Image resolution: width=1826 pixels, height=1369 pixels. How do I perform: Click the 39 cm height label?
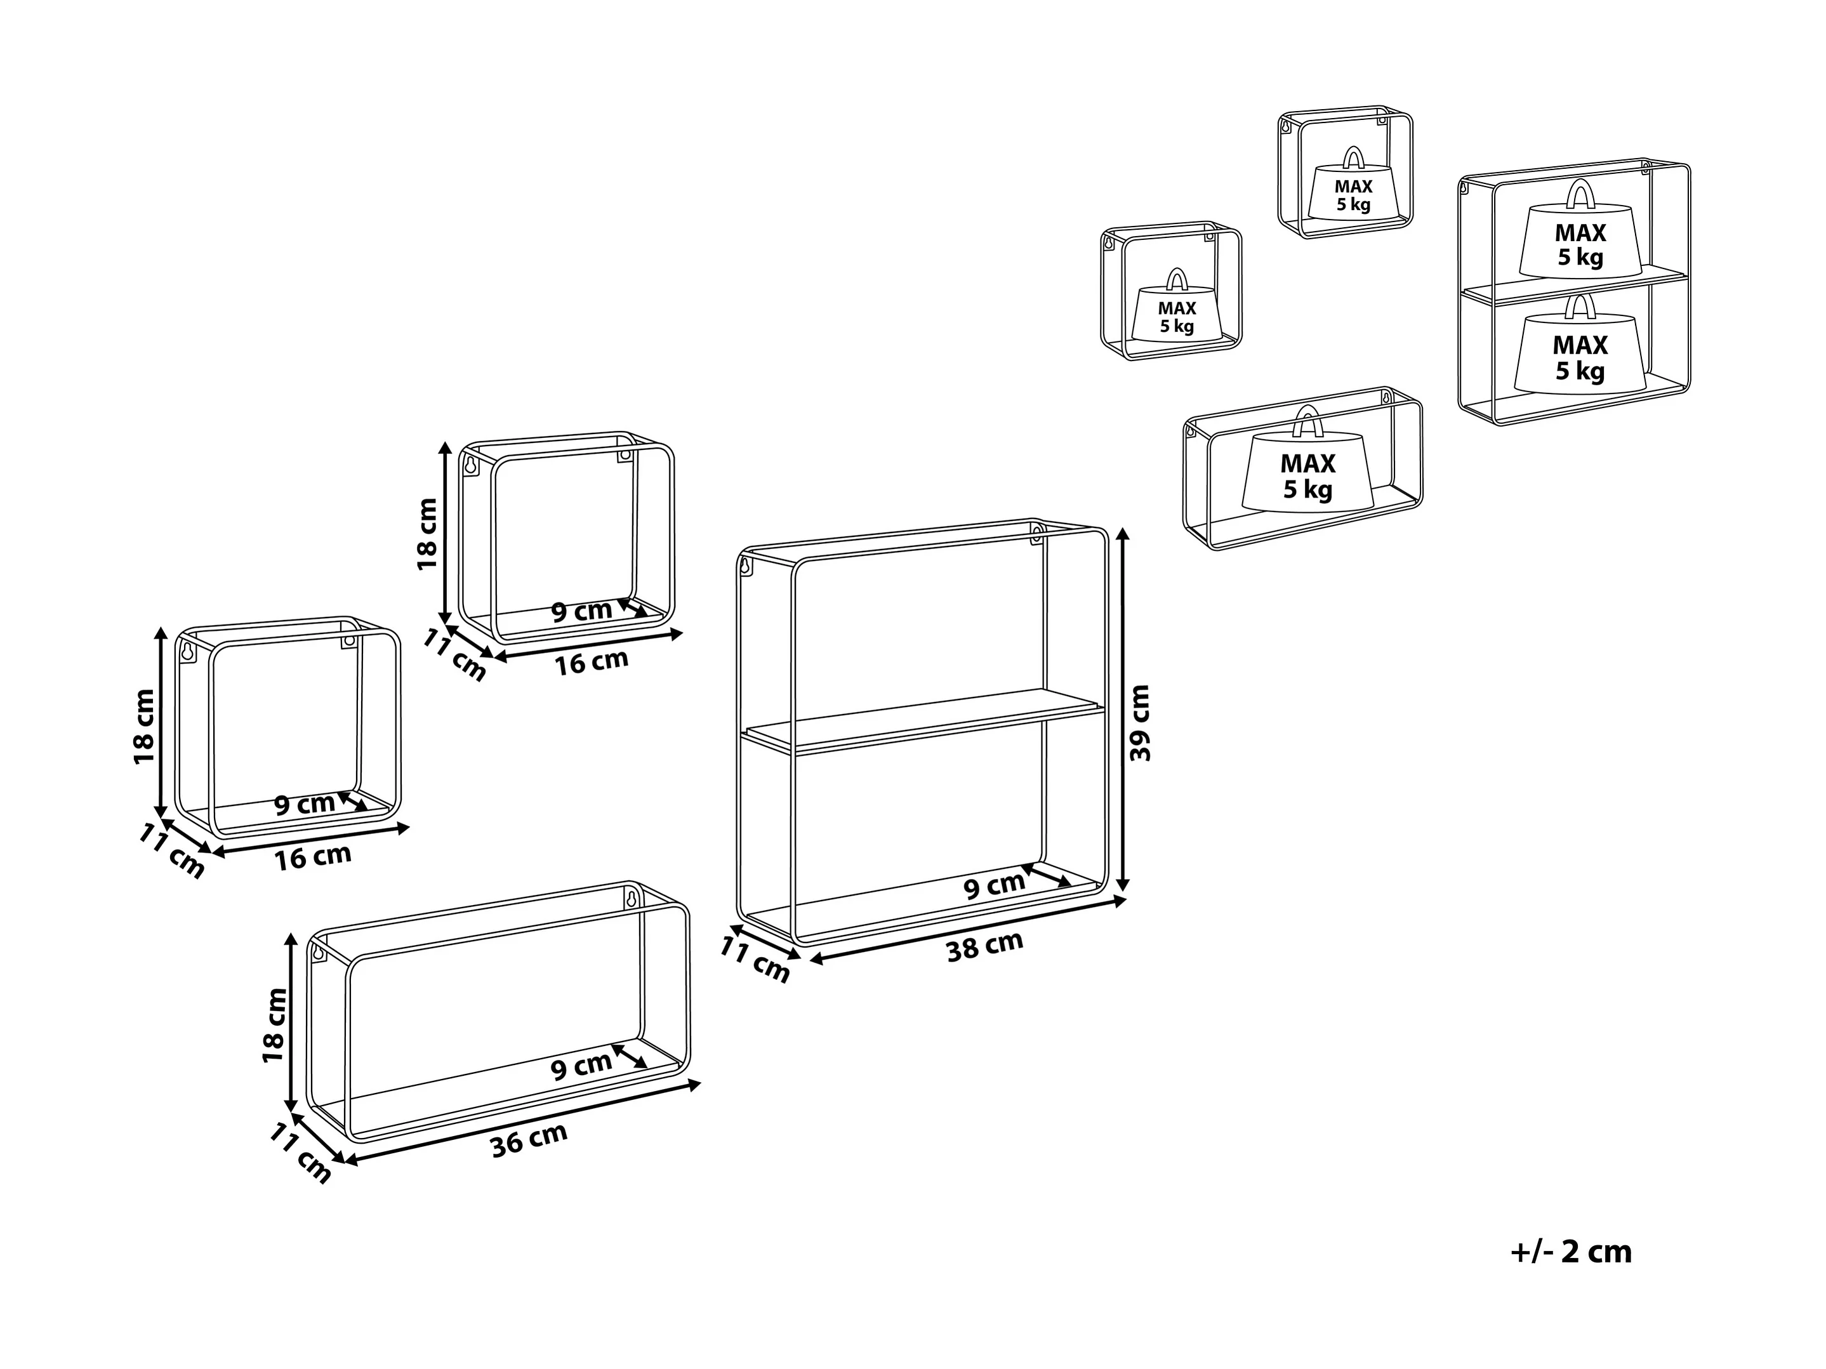click(1140, 722)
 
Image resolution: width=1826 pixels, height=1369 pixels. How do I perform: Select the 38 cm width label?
click(985, 946)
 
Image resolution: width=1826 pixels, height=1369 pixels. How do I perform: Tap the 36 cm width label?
click(529, 1141)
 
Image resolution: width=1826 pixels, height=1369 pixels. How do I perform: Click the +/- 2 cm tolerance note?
click(1571, 1252)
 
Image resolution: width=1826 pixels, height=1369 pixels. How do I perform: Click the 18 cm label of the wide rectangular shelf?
click(274, 1024)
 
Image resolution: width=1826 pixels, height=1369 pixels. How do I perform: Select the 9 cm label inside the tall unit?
click(994, 886)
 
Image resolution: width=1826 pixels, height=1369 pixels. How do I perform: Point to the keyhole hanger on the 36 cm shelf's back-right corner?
click(632, 898)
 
